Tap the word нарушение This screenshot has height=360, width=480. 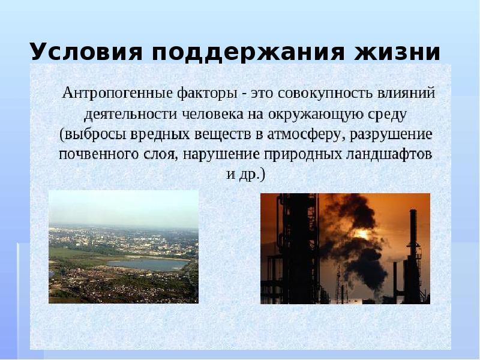click(x=220, y=154)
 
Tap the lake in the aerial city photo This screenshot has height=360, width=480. click(x=146, y=263)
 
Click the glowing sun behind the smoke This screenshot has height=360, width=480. click(x=364, y=235)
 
